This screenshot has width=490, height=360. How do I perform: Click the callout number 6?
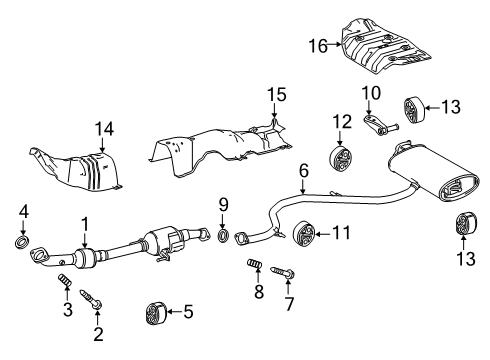302,171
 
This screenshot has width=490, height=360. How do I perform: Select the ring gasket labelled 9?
224,237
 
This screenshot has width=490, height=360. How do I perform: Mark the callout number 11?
341,234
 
